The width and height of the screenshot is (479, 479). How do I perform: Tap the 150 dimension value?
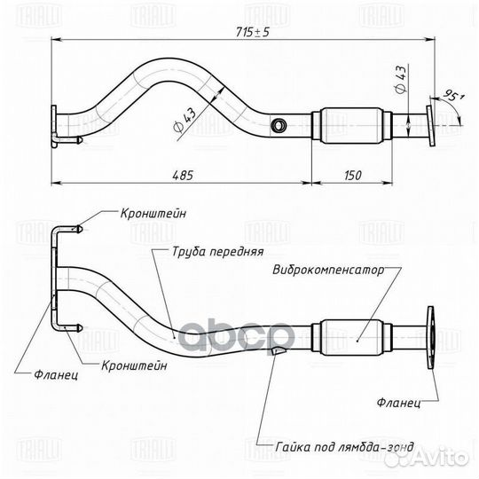tap(351, 175)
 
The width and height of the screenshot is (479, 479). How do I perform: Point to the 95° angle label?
tap(454, 94)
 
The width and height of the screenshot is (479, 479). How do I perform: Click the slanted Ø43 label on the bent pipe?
tap(185, 117)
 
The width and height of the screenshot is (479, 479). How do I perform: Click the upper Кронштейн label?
tap(156, 212)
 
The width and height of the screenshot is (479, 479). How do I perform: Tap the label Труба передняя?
tap(208, 251)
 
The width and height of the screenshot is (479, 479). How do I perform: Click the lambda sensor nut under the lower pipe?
tap(277, 352)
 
